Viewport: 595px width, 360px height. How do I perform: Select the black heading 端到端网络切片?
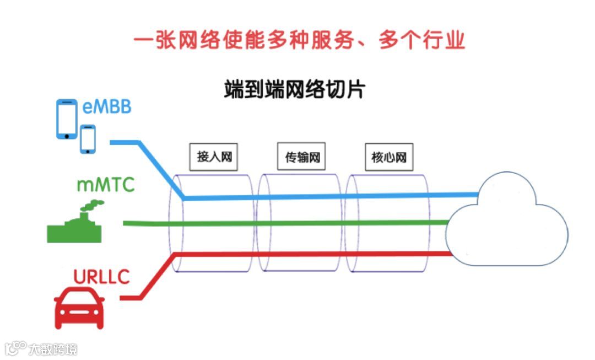tap(294, 89)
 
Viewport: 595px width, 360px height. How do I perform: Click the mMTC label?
tap(105, 185)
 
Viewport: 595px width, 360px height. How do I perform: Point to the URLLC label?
tap(101, 276)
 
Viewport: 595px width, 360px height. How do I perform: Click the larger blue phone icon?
tap(67, 119)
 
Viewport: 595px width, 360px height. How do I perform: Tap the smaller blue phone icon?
tap(88, 139)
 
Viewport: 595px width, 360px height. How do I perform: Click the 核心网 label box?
tap(389, 157)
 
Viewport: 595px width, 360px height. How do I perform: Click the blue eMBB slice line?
tap(331, 196)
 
